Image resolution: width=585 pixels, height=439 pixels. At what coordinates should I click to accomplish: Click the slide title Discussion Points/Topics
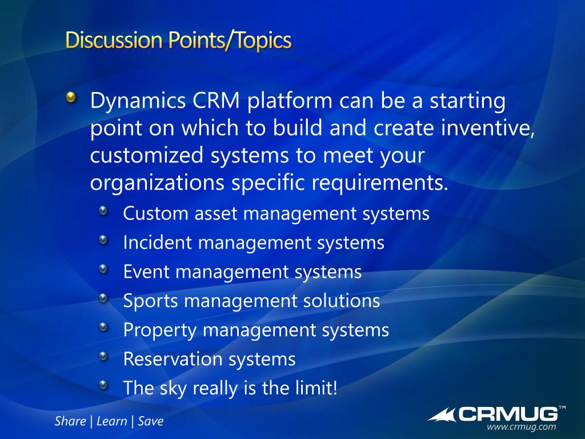[178, 41]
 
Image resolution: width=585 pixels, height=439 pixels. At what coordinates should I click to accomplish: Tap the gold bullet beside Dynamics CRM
[71, 98]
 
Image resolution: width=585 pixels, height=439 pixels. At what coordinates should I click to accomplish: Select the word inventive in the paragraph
[488, 128]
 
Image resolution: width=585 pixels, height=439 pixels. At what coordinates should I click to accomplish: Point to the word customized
[147, 155]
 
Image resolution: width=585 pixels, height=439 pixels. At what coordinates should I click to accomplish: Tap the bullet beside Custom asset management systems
[103, 211]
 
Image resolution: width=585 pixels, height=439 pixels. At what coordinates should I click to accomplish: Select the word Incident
[157, 242]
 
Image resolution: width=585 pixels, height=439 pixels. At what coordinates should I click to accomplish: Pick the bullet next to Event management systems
[103, 269]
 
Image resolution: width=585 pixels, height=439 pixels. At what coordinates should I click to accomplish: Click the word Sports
[150, 301]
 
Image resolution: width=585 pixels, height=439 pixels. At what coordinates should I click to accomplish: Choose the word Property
[159, 330]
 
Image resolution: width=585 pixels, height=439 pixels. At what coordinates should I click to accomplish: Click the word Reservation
[172, 359]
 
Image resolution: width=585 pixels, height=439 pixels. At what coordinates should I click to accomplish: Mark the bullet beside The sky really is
[103, 385]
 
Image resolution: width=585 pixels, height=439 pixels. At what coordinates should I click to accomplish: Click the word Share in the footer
[70, 421]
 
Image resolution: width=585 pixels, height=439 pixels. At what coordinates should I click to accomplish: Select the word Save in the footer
[151, 421]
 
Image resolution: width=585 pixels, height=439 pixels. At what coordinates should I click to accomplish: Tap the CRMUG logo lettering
[508, 414]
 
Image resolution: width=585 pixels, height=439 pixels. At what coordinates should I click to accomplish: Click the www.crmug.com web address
[521, 426]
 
